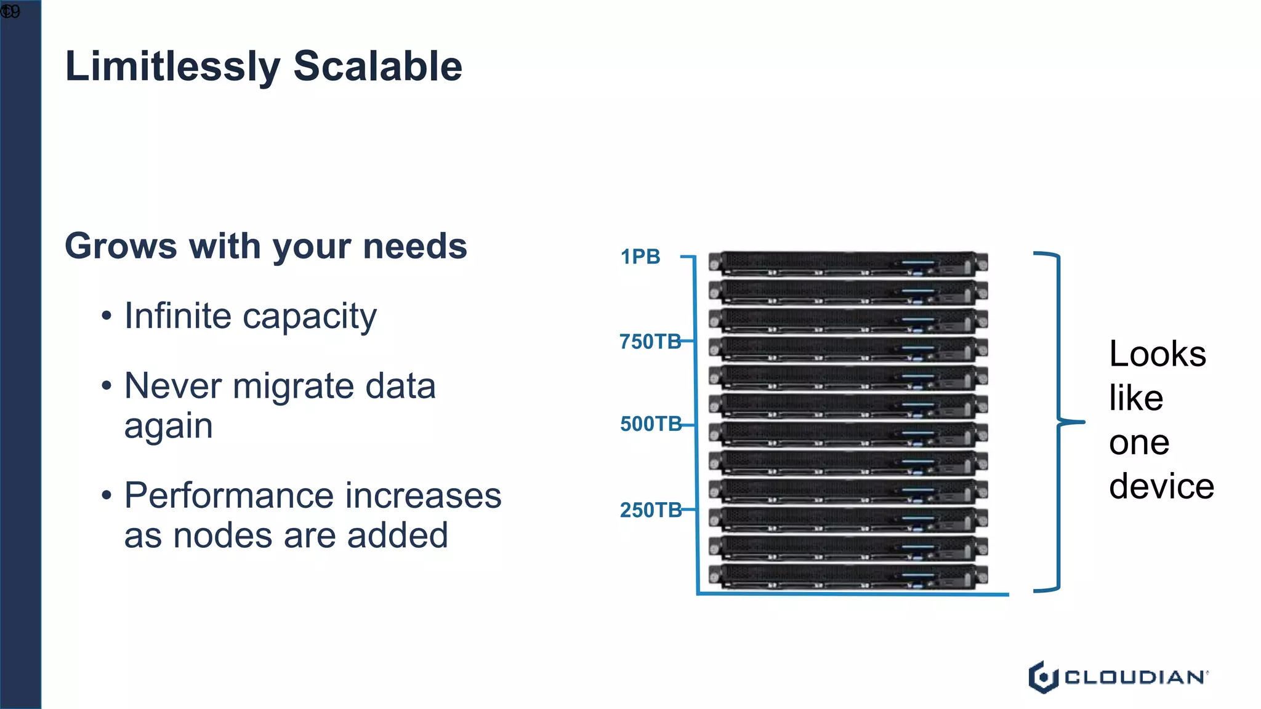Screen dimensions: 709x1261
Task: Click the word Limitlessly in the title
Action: (x=172, y=66)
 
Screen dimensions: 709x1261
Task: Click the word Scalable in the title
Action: (x=377, y=66)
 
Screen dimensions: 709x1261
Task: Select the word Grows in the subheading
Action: (x=121, y=246)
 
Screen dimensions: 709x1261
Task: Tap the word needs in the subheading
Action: (x=415, y=246)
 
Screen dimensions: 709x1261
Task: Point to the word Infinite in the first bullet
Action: (x=178, y=316)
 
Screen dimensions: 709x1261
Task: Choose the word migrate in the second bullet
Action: (x=294, y=387)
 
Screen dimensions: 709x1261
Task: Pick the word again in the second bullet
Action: (x=168, y=426)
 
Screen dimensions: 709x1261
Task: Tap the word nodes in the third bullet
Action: (x=222, y=535)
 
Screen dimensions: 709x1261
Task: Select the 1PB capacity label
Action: (x=640, y=257)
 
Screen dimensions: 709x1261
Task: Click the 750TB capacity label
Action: (x=650, y=342)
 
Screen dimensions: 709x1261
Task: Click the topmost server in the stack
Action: (x=848, y=263)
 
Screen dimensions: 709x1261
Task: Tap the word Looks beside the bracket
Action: (x=1158, y=354)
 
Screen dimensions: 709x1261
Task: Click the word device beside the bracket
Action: (x=1161, y=486)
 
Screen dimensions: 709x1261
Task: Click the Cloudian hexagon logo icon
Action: (x=1043, y=677)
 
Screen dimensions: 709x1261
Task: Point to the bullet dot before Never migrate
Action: (x=107, y=387)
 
